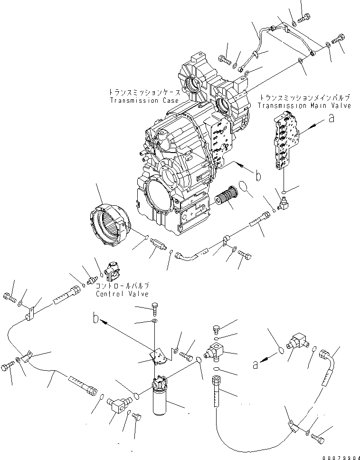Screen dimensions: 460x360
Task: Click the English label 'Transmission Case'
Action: tap(144, 101)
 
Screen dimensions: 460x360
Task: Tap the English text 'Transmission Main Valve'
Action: tap(304, 105)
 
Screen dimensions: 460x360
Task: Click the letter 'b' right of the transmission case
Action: tap(257, 176)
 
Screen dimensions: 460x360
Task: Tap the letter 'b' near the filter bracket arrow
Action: tap(97, 319)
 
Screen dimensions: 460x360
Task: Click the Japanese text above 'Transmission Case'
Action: tap(143, 93)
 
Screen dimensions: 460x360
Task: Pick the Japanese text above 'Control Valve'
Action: tap(123, 286)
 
